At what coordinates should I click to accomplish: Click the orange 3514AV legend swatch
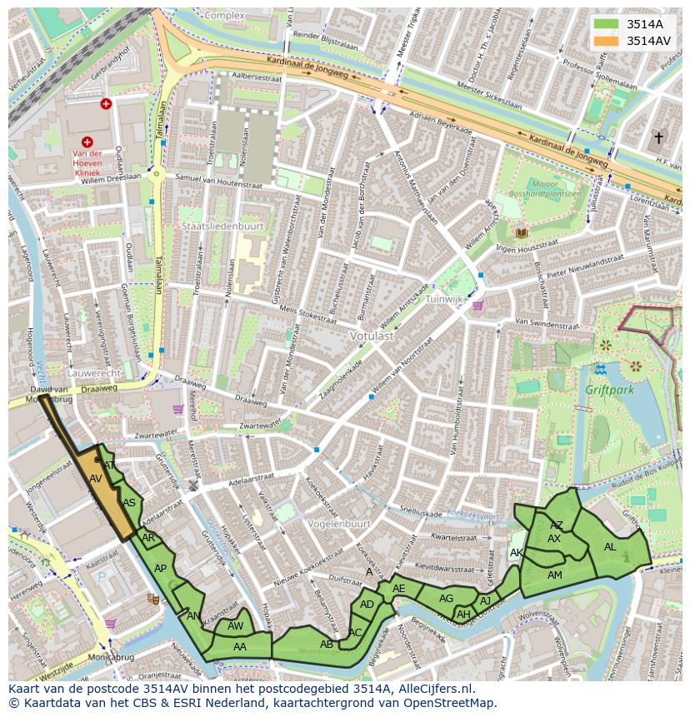[607, 41]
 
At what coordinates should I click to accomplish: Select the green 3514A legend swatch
[607, 24]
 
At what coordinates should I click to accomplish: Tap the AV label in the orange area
[96, 479]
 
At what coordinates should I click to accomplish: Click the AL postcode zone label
[610, 547]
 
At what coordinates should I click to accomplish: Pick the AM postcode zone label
[554, 575]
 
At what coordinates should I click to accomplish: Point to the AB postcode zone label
[327, 644]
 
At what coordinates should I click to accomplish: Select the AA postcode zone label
[240, 646]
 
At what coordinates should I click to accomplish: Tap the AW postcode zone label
[236, 626]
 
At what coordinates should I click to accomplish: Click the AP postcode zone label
[161, 569]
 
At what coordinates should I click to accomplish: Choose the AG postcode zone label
[446, 598]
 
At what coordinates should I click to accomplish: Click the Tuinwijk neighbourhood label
[443, 299]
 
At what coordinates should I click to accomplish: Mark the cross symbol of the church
[658, 137]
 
